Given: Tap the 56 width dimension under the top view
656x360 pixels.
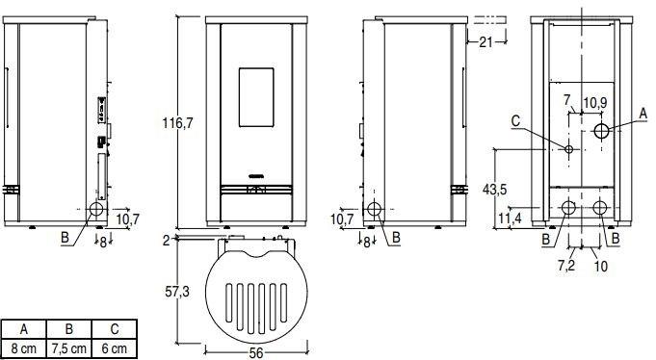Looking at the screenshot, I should click(x=255, y=352).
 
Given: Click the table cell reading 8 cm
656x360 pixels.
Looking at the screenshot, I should click(x=23, y=347).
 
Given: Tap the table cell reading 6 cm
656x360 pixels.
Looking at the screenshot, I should click(x=117, y=347).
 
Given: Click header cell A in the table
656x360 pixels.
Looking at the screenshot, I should click(x=23, y=328).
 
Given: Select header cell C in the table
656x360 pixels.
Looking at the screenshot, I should click(x=117, y=328).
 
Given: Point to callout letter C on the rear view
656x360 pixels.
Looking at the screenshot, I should click(x=515, y=121).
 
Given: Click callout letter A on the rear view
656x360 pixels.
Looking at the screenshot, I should click(x=643, y=111).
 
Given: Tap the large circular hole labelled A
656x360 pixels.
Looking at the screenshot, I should click(x=601, y=130).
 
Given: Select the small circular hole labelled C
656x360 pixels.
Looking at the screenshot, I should click(x=569, y=149).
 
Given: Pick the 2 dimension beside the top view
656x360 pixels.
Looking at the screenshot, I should click(x=166, y=239).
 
